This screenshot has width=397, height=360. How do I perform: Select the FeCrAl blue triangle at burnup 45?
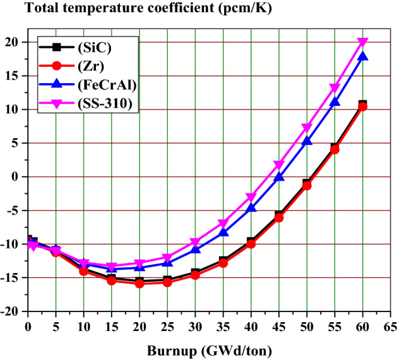(x=279, y=177)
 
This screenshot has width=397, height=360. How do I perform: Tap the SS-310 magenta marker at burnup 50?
(x=307, y=128)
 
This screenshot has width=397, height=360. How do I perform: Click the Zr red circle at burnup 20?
(x=139, y=283)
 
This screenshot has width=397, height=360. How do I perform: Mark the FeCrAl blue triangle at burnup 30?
(x=195, y=249)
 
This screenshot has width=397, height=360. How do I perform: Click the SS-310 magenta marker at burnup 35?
(x=223, y=224)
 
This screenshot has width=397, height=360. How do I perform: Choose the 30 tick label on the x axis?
(x=195, y=326)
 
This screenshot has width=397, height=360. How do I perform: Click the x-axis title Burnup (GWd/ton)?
(x=208, y=349)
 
